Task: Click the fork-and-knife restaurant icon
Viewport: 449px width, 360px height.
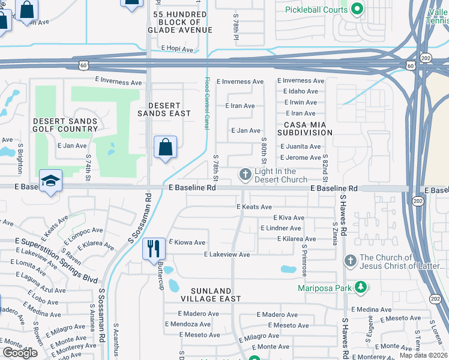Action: pyautogui.click(x=153, y=248)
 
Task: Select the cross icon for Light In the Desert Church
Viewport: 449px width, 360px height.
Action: pyautogui.click(x=245, y=175)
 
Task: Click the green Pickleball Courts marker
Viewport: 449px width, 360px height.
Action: pyautogui.click(x=358, y=9)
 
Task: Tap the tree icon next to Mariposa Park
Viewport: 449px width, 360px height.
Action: pyautogui.click(x=360, y=288)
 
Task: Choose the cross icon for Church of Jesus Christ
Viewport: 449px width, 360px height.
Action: pyautogui.click(x=350, y=261)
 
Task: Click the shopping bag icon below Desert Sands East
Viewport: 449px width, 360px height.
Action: pyautogui.click(x=165, y=148)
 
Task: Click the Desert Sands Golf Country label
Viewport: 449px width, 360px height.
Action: pyautogui.click(x=65, y=125)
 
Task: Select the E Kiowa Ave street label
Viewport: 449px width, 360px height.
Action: pyautogui.click(x=187, y=242)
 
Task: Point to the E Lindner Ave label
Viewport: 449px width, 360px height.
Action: pyautogui.click(x=280, y=228)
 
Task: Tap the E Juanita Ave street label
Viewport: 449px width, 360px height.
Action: pyautogui.click(x=300, y=146)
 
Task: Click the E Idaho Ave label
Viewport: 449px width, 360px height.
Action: pyautogui.click(x=300, y=91)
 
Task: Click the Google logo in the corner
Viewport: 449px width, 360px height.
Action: pyautogui.click(x=20, y=353)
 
